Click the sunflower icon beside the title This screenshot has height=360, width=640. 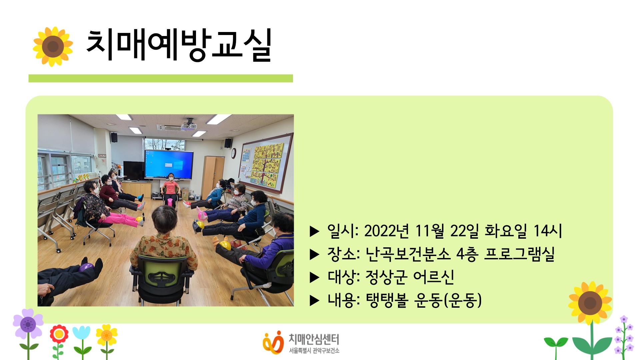click(53, 46)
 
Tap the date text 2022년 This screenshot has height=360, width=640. click(386, 231)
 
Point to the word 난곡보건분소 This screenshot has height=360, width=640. click(407, 254)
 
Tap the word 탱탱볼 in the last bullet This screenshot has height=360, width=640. click(387, 300)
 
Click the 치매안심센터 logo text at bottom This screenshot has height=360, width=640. click(313, 340)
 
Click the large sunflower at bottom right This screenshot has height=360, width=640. click(590, 303)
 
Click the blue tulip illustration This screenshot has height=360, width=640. click(81, 333)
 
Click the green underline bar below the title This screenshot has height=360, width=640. click(160, 78)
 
